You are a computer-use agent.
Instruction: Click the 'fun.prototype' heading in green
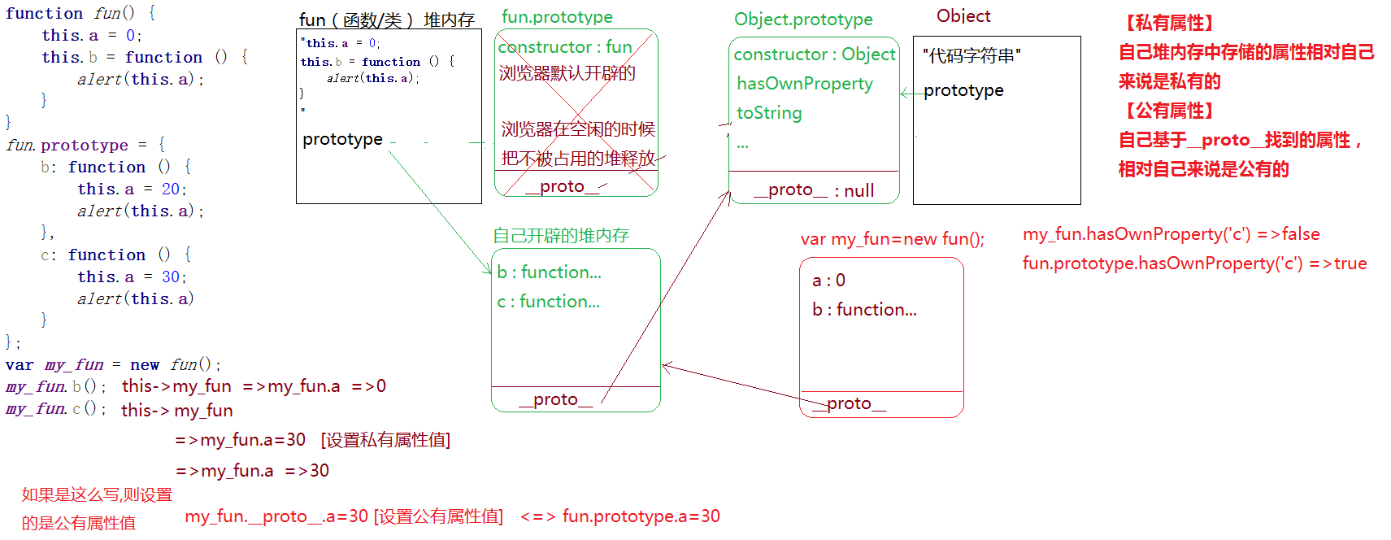557,17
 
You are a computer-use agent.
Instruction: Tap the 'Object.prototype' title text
803,20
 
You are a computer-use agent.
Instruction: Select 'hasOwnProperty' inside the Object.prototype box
804,84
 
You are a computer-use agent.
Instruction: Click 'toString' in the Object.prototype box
768,113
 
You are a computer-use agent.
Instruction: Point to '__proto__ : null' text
813,190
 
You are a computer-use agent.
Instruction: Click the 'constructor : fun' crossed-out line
565,47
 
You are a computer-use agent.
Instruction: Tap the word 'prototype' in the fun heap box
342,139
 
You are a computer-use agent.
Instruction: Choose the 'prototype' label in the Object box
963,90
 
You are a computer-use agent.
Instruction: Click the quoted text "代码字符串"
972,55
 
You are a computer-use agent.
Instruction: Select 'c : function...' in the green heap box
548,302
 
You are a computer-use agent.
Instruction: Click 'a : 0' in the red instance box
828,281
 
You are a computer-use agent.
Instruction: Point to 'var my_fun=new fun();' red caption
892,239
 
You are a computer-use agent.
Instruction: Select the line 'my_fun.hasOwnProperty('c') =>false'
1171,234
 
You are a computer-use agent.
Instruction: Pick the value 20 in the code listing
171,189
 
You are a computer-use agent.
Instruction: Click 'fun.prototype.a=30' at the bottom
641,516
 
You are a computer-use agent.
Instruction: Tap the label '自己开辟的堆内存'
561,236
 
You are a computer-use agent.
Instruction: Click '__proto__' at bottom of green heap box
556,399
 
